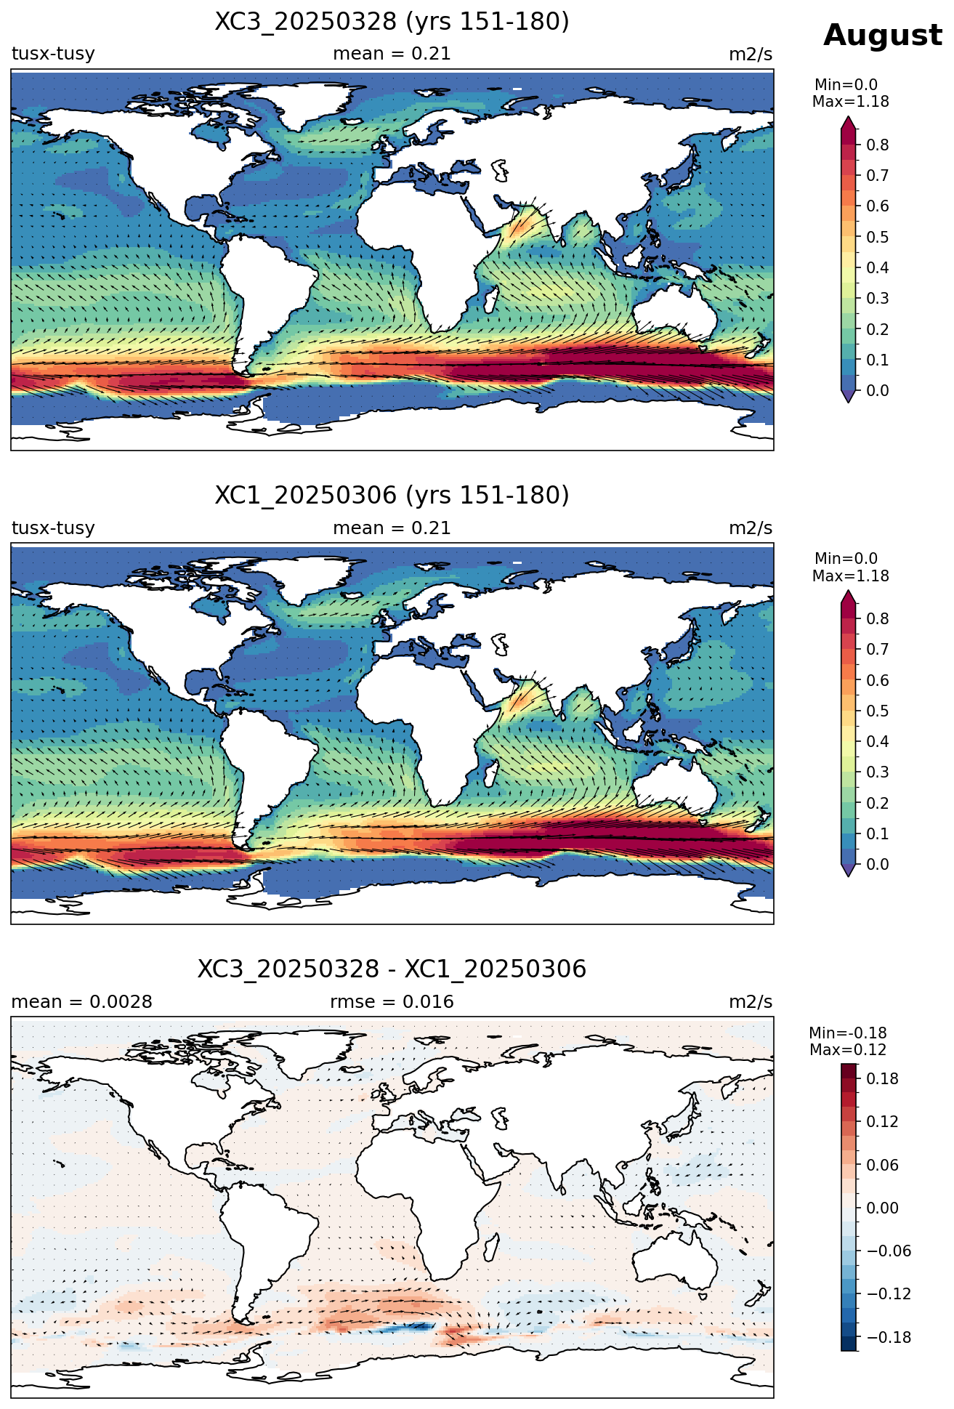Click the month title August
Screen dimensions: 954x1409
tap(882, 36)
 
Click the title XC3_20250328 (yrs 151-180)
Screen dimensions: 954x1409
tap(392, 22)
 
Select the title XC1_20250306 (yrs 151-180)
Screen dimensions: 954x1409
tap(392, 496)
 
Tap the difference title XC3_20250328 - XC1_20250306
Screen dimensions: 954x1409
tap(392, 969)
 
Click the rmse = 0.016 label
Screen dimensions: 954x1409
tap(392, 1002)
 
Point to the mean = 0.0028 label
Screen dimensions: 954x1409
tap(81, 1002)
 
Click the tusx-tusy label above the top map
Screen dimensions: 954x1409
tap(53, 54)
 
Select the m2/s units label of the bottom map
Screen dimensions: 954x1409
tap(751, 1002)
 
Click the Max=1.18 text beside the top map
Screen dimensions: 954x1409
tap(850, 102)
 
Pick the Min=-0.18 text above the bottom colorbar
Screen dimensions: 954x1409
tap(848, 1033)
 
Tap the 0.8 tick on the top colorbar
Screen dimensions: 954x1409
tap(877, 145)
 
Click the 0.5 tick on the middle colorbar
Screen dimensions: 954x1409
tap(877, 711)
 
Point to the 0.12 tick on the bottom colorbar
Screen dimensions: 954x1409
tap(882, 1121)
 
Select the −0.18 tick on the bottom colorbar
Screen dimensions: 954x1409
tap(887, 1337)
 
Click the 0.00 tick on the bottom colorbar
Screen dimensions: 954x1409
tap(882, 1208)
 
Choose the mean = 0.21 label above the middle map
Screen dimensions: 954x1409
tap(392, 528)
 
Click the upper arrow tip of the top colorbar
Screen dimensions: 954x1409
tap(848, 116)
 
